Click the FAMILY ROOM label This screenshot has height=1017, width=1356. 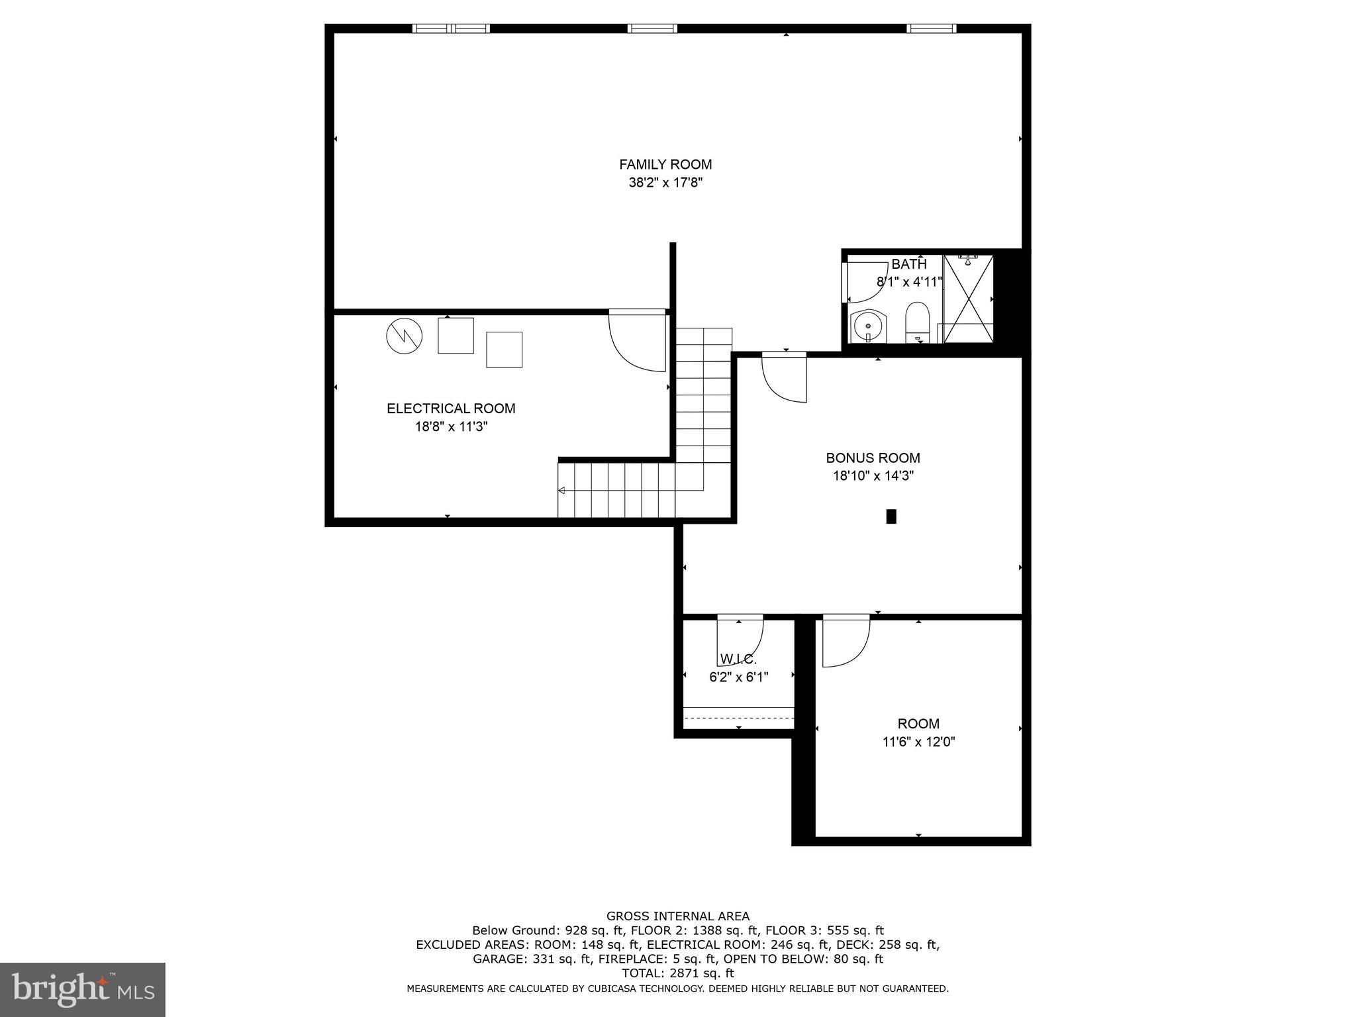(x=665, y=164)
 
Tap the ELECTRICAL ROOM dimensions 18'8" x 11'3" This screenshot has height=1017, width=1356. (x=451, y=427)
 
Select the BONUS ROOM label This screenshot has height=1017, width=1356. (x=873, y=458)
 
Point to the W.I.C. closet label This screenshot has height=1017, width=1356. (x=738, y=659)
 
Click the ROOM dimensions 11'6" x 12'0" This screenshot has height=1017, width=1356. (x=918, y=742)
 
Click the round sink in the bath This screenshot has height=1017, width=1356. (x=867, y=326)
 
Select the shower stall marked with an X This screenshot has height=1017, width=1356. (x=968, y=299)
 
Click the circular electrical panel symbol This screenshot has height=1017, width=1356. (x=404, y=336)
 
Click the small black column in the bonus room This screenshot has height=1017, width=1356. (x=891, y=516)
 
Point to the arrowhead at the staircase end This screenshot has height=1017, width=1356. (x=561, y=491)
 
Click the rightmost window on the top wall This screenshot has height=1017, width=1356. (x=931, y=28)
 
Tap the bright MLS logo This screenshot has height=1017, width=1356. (x=83, y=990)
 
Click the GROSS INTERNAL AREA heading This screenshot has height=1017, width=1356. (x=677, y=916)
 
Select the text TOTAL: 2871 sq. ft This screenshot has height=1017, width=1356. (x=677, y=973)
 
